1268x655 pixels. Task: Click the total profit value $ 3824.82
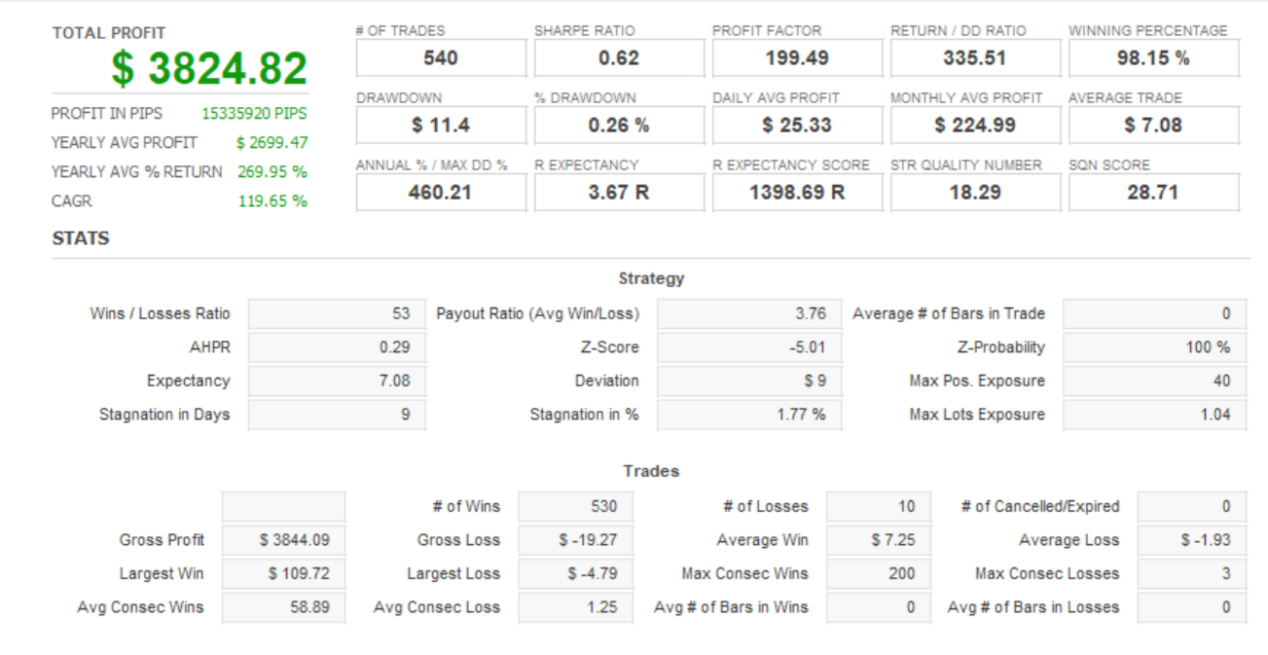click(x=209, y=68)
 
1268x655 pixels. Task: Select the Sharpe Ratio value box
click(x=619, y=57)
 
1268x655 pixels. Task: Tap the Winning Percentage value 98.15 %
click(x=1153, y=57)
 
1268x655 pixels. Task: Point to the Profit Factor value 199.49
click(x=797, y=57)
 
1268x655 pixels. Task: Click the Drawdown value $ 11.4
click(x=441, y=126)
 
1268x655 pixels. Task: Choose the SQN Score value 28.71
click(x=1153, y=193)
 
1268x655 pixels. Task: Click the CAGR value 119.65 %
click(x=272, y=200)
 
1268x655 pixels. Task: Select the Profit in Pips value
click(x=254, y=113)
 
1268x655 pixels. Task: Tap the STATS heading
click(x=81, y=238)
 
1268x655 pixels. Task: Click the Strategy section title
click(x=651, y=278)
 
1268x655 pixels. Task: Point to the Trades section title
click(x=651, y=471)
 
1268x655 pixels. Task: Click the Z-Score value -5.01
click(x=807, y=347)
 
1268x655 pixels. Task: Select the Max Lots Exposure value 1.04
click(x=1215, y=415)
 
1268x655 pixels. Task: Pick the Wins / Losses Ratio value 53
click(x=401, y=313)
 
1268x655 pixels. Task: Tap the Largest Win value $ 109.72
click(x=299, y=573)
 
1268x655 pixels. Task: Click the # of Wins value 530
click(x=604, y=506)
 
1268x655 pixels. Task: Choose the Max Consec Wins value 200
click(x=902, y=573)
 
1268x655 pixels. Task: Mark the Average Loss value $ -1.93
click(x=1206, y=540)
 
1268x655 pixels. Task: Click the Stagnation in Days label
click(x=164, y=415)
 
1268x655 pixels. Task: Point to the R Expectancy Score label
click(x=791, y=165)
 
